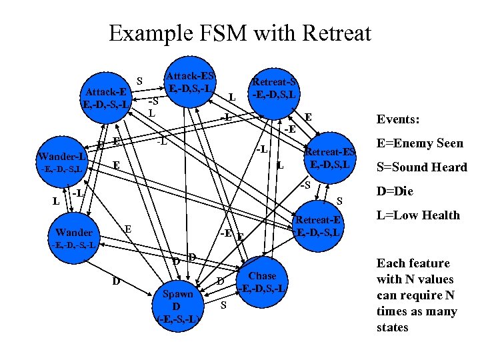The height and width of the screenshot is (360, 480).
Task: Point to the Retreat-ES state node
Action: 331,157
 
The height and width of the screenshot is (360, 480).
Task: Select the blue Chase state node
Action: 262,281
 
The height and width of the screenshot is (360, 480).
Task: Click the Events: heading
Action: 398,119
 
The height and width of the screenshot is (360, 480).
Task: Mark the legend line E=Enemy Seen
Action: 420,143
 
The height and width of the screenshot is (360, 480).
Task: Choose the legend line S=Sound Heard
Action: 421,167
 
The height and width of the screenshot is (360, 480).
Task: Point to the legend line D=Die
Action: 395,191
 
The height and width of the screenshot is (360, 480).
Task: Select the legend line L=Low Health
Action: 418,215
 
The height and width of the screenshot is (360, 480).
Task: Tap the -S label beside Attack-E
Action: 153,101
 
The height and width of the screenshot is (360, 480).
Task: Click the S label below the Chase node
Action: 224,305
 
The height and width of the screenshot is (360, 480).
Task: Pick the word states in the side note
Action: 393,327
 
